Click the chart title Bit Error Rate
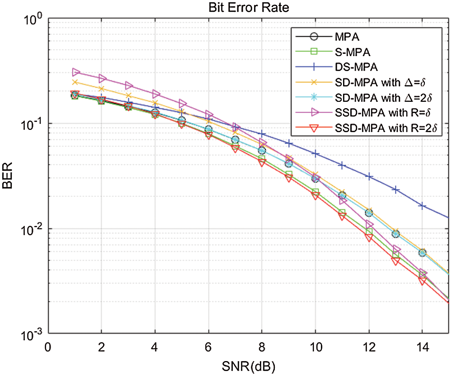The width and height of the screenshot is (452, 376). coord(248,8)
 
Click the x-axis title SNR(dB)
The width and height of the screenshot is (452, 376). coord(248,364)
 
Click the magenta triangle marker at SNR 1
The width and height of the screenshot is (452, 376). coord(75,72)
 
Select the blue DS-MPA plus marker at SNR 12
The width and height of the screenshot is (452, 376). coord(369,176)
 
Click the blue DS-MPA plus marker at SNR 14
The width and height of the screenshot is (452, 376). coord(423,206)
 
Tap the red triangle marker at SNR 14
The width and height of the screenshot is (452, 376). coord(423,281)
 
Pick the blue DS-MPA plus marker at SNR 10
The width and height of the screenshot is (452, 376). coord(316,154)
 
